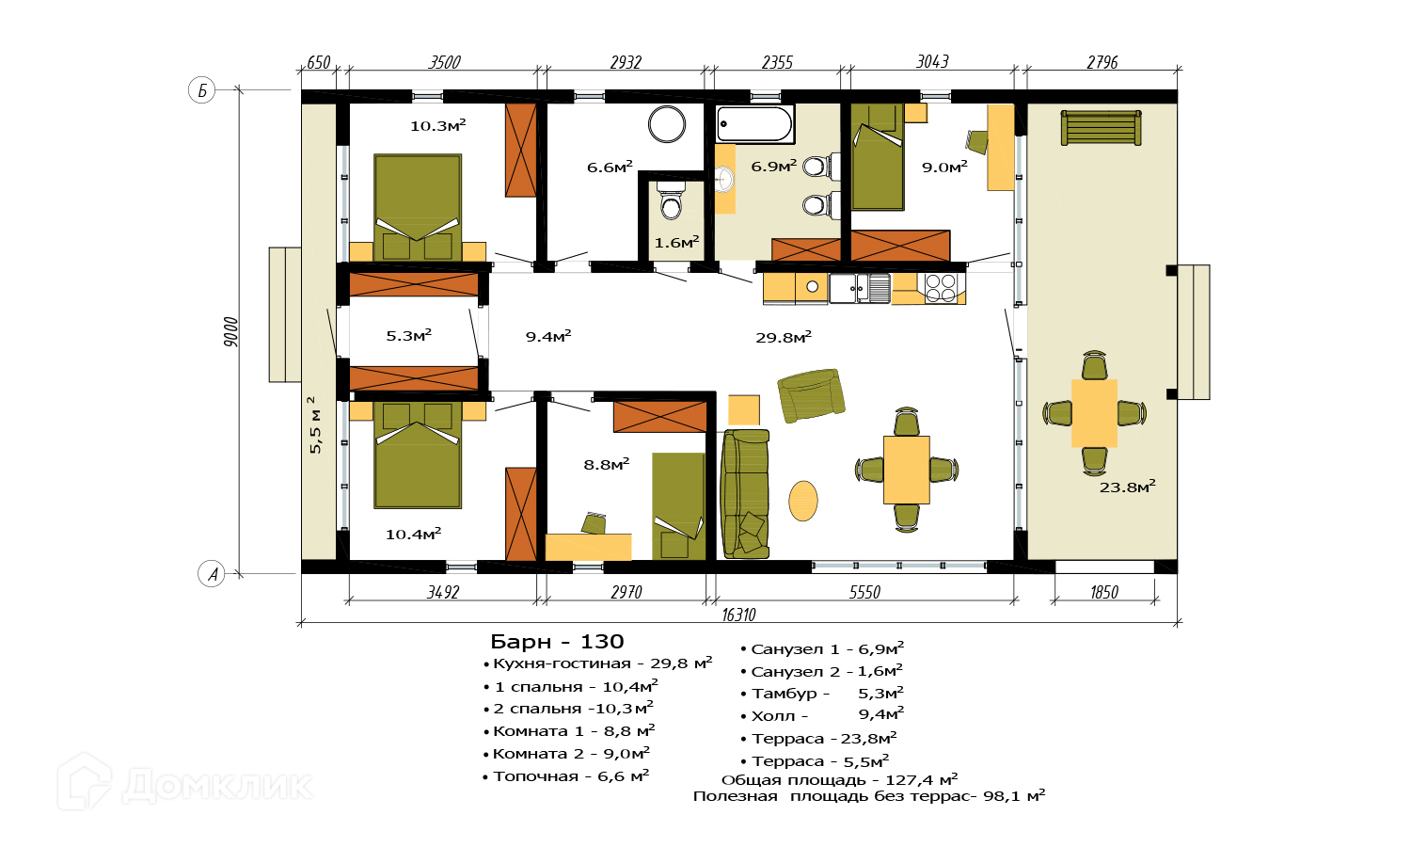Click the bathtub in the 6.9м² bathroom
pyautogui.click(x=754, y=123)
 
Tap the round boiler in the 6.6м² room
pyautogui.click(x=666, y=124)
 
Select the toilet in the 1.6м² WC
pyautogui.click(x=671, y=200)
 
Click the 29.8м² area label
pyautogui.click(x=784, y=337)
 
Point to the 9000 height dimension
pyautogui.click(x=231, y=331)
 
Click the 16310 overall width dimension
pyautogui.click(x=738, y=615)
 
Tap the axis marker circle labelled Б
pyautogui.click(x=201, y=90)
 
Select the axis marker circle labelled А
pyautogui.click(x=212, y=574)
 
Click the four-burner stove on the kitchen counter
pyautogui.click(x=941, y=288)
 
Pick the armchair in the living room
pyautogui.click(x=811, y=395)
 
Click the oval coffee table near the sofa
pyautogui.click(x=803, y=501)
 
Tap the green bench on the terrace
pyautogui.click(x=1102, y=128)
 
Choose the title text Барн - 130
pyautogui.click(x=557, y=642)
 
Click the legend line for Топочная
pyautogui.click(x=565, y=775)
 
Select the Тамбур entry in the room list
pyautogui.click(x=822, y=694)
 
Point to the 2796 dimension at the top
pyautogui.click(x=1102, y=62)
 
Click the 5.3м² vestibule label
pyautogui.click(x=409, y=335)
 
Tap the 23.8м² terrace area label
pyautogui.click(x=1128, y=487)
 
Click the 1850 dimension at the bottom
pyautogui.click(x=1104, y=592)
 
